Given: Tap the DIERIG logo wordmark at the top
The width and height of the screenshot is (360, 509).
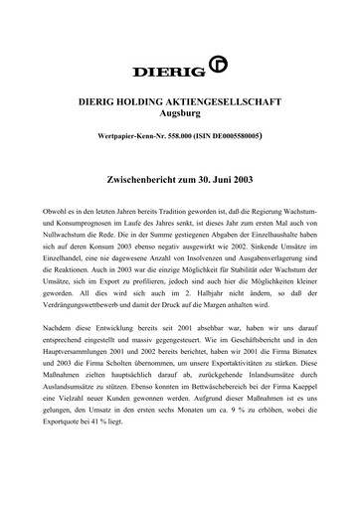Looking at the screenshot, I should point(171,71).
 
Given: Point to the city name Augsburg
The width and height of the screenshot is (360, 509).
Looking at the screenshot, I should point(179,116).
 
